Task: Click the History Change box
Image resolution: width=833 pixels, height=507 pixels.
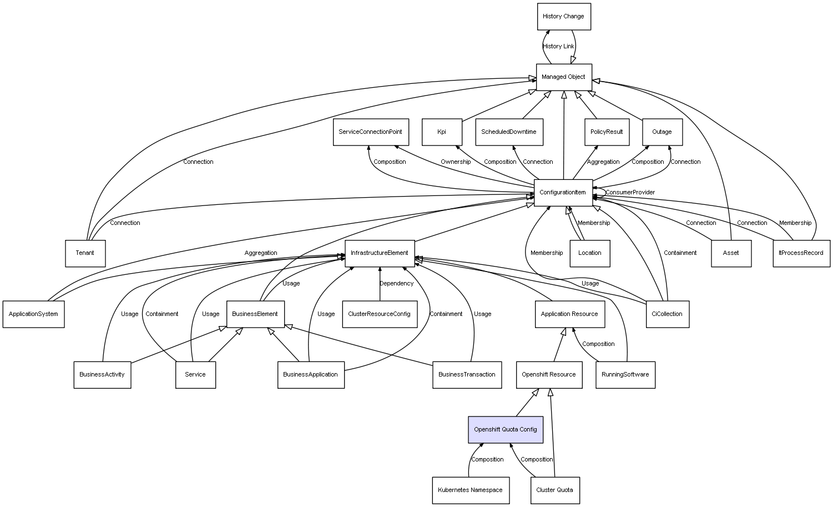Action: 564,17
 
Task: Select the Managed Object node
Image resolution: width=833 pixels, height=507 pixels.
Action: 564,77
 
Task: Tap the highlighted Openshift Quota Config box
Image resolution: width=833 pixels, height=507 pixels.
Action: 506,430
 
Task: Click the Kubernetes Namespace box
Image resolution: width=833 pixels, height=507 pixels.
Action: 471,490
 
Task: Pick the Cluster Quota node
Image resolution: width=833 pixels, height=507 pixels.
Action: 555,490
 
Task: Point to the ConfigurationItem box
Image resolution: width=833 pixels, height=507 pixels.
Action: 563,193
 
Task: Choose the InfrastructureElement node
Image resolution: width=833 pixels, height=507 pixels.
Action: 380,253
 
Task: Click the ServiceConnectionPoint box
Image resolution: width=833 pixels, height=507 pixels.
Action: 371,132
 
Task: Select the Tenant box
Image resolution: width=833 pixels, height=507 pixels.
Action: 85,253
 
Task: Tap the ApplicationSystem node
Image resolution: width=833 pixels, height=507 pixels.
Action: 33,314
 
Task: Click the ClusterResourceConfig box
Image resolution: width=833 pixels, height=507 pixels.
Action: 380,314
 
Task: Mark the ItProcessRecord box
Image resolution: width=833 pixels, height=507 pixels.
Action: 801,253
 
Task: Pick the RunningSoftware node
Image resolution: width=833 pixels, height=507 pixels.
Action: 625,375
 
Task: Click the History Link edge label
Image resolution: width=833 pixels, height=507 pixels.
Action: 558,47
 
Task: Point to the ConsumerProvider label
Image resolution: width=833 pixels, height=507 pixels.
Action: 630,192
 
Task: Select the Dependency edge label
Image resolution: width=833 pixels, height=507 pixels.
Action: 396,283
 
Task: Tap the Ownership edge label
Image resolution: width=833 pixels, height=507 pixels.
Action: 456,162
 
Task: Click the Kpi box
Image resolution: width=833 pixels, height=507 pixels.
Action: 442,132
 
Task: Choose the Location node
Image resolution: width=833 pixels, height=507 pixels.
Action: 590,253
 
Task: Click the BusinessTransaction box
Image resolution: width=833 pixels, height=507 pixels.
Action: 467,375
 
